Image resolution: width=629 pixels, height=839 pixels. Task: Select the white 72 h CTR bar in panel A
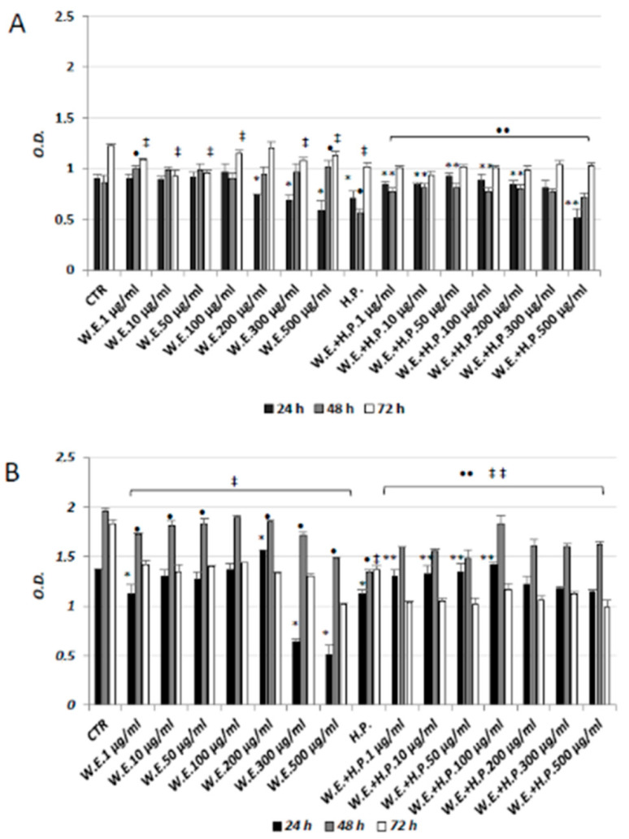point(111,206)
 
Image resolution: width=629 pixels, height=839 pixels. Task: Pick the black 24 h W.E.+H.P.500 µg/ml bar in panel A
point(577,243)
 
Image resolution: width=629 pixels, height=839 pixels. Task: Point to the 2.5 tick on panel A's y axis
point(67,16)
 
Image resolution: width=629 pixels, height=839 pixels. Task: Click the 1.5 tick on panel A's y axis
point(67,118)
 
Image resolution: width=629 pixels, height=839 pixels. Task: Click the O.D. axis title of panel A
point(35,143)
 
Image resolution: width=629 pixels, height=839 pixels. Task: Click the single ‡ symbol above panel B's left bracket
point(234,482)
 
